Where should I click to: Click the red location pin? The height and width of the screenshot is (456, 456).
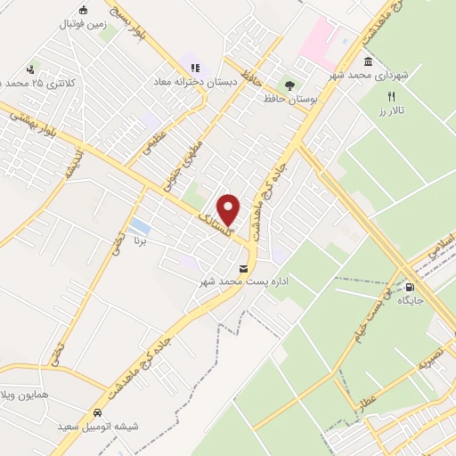click(x=229, y=208)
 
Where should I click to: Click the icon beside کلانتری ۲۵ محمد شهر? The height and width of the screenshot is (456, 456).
click(x=31, y=69)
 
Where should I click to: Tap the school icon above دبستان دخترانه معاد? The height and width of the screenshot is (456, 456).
click(x=195, y=66)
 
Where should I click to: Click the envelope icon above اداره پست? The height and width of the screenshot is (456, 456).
click(x=243, y=267)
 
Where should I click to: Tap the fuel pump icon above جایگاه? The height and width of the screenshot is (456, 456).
click(x=411, y=287)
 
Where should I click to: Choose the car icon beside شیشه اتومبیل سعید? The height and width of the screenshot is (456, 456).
click(x=96, y=414)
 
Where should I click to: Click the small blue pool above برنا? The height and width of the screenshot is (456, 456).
click(x=139, y=225)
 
